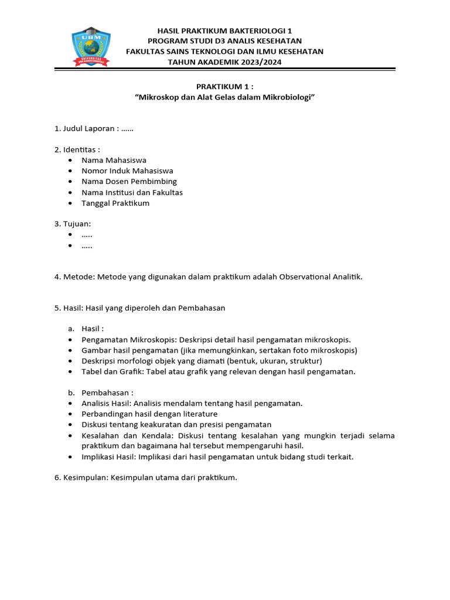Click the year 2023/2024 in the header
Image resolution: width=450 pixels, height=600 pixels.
[x=260, y=62]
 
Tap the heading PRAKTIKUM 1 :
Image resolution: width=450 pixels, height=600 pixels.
[x=225, y=86]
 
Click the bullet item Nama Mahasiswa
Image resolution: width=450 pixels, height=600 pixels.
[x=114, y=160]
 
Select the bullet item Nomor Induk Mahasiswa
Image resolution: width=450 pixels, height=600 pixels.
[x=127, y=171]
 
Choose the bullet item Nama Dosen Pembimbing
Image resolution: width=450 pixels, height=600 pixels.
[x=129, y=182]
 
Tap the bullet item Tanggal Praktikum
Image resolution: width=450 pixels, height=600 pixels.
[x=115, y=203]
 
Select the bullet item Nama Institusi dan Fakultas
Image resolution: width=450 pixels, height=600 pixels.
[x=132, y=192]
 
